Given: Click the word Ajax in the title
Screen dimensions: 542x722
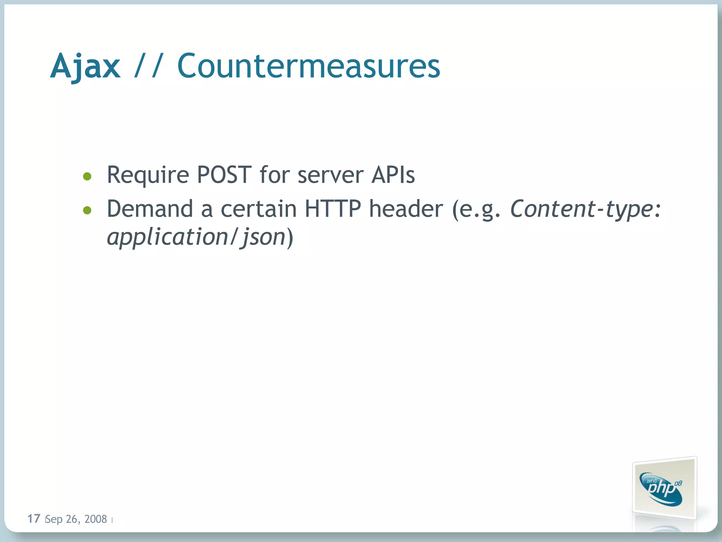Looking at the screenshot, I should [85, 66].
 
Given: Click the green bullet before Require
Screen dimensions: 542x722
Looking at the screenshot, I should [87, 176].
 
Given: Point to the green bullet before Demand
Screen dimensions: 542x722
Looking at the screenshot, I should [87, 211].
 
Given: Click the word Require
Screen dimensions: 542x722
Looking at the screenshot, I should [148, 175].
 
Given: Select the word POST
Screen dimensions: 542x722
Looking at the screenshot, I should [224, 175].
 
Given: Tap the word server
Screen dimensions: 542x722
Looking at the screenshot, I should [330, 175].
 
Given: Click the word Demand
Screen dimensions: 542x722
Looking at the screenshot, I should [150, 209].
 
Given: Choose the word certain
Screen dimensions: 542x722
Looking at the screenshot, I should [259, 209].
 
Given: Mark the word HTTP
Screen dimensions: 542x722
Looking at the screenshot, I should [333, 209].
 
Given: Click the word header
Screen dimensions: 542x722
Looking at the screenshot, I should [406, 209].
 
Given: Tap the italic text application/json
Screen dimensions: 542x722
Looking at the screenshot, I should [196, 237].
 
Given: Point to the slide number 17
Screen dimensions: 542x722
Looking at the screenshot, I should [34, 518].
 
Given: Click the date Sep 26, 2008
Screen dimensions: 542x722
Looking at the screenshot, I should [77, 519].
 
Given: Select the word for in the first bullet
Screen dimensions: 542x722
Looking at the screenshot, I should [274, 175].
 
